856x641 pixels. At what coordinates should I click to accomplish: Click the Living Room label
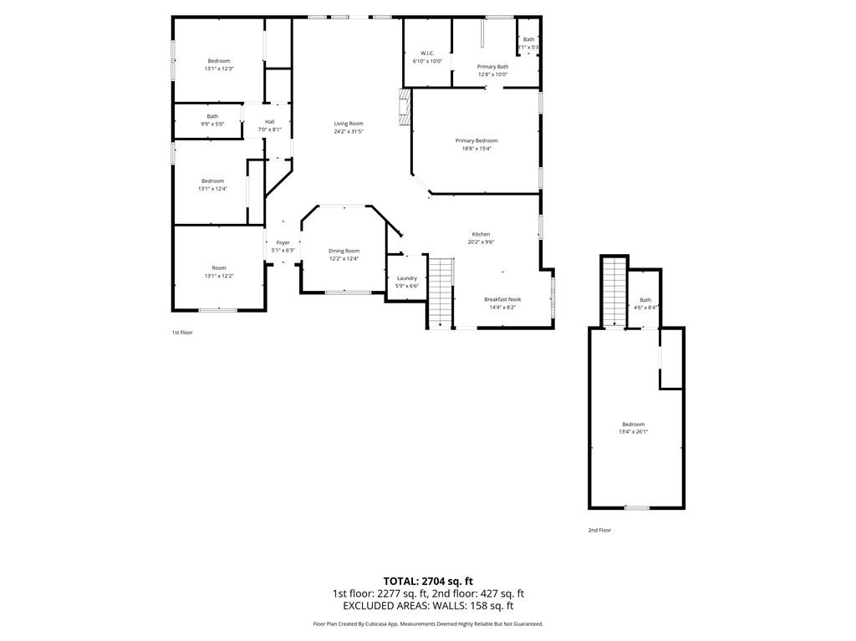coord(349,124)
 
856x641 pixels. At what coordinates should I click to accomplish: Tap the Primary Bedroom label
coord(476,140)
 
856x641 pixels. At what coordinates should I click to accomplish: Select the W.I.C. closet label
coord(427,53)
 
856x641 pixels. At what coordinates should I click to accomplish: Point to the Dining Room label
coord(344,251)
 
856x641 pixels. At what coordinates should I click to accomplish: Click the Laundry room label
coord(407,278)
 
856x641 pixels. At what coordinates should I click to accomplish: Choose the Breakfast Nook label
coord(502,299)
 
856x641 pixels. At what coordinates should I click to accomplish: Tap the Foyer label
coord(283,242)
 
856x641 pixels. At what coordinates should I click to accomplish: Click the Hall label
coord(269,122)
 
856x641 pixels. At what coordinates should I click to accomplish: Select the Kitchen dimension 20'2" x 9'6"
coord(481,242)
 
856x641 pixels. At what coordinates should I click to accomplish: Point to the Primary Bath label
coord(492,67)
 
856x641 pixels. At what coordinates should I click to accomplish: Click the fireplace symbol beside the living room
coord(405,108)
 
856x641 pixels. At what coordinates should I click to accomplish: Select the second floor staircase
coord(614,292)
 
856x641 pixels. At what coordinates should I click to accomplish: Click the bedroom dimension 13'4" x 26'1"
coord(633,432)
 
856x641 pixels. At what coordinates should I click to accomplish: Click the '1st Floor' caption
coord(182,333)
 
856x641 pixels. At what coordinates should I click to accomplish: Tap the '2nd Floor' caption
coord(599,530)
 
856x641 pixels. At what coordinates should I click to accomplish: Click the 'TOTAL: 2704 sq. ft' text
coord(428,581)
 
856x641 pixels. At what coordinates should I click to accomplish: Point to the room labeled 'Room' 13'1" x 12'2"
coord(219,268)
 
